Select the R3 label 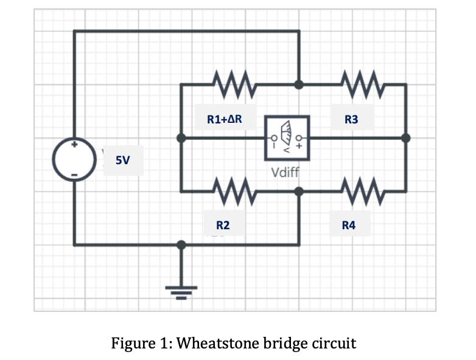[x=351, y=120]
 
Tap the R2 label [x=223, y=226]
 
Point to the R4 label [x=349, y=226]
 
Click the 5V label [x=123, y=161]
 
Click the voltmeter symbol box [x=287, y=138]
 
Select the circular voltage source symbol [x=74, y=160]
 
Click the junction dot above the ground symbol [x=181, y=244]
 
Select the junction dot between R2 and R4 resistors [x=298, y=191]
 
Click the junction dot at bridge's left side [x=181, y=138]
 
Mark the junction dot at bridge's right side [x=406, y=138]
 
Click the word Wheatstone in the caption [x=213, y=343]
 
